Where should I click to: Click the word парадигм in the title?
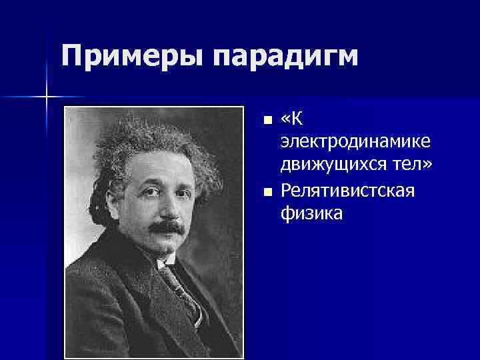287,57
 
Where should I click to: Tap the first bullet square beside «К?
267,121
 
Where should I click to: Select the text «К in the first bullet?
292,120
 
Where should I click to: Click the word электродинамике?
355,143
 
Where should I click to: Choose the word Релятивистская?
347,191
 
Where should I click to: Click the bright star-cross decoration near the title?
47,97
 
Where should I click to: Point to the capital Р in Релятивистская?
286,191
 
